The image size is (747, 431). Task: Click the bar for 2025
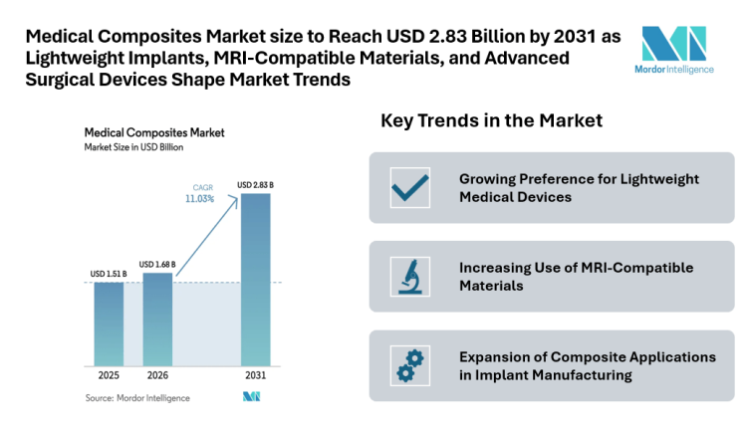[x=110, y=324]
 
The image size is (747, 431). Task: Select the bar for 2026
[x=157, y=319]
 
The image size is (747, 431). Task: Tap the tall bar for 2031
[x=255, y=280]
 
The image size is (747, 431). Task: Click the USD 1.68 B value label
[x=157, y=264]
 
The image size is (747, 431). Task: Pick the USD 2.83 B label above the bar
[x=255, y=185]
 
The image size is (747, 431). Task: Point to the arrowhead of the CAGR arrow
[x=236, y=199]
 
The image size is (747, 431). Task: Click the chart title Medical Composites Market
[x=153, y=131]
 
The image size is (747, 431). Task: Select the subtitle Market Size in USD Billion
[x=133, y=147]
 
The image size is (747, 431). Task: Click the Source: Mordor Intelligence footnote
[x=136, y=398]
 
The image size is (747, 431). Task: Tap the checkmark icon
[x=409, y=187]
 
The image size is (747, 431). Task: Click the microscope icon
[x=409, y=276]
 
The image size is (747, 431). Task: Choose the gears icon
[x=409, y=365]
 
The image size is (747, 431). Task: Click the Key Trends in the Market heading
[x=491, y=121]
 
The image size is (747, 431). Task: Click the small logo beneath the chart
[x=251, y=397]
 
